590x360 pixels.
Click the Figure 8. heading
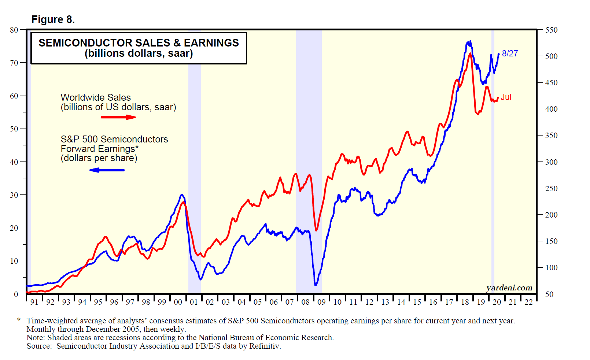pyautogui.click(x=53, y=19)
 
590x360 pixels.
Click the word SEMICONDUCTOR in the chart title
pyautogui.click(x=87, y=43)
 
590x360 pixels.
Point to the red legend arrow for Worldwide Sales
pyautogui.click(x=118, y=117)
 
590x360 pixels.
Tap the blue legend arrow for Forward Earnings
pyautogui.click(x=107, y=170)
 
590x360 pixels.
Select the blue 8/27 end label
pyautogui.click(x=510, y=53)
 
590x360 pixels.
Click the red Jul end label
pyautogui.click(x=506, y=97)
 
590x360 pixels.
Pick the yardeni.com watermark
pyautogui.click(x=509, y=288)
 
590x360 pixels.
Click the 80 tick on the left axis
pyautogui.click(x=14, y=30)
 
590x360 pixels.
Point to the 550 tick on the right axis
pyautogui.click(x=551, y=30)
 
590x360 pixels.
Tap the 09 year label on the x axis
pyautogui.click(x=321, y=302)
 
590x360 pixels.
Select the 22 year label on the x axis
pyautogui.click(x=528, y=302)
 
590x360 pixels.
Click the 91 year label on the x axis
pyautogui.click(x=34, y=302)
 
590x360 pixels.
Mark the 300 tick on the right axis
pyautogui.click(x=551, y=162)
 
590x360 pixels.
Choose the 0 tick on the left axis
pyautogui.click(x=16, y=294)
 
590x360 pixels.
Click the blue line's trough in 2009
pyautogui.click(x=316, y=285)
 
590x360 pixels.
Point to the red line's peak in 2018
pyautogui.click(x=470, y=53)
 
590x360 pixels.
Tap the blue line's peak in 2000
pyautogui.click(x=182, y=194)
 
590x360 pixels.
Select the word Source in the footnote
pyautogui.click(x=39, y=346)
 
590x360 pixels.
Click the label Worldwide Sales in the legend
pyautogui.click(x=96, y=97)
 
